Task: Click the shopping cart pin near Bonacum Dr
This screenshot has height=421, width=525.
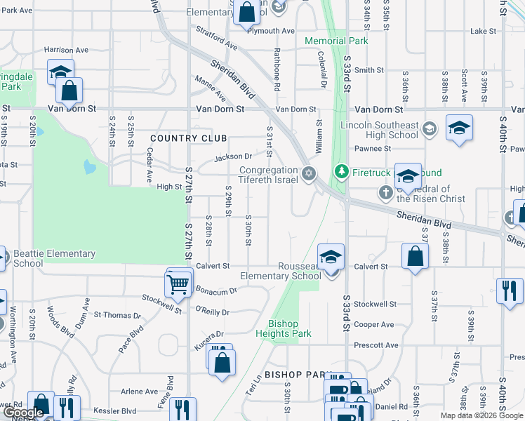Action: (x=178, y=284)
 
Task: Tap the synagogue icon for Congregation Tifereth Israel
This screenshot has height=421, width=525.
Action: (x=307, y=173)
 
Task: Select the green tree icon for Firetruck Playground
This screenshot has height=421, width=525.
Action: (x=342, y=171)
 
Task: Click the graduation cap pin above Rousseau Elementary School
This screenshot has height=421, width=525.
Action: (x=331, y=258)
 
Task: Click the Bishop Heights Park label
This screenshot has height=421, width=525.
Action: (x=289, y=328)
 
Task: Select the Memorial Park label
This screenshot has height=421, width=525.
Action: (x=337, y=41)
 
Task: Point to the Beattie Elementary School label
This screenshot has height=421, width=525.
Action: (x=55, y=258)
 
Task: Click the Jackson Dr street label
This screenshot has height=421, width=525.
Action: (x=233, y=156)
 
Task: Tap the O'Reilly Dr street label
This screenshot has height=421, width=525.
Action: (x=212, y=310)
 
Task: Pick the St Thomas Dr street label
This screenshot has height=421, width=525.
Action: (x=117, y=315)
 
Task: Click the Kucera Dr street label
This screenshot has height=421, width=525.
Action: (x=210, y=334)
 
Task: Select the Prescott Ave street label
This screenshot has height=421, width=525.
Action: (x=376, y=345)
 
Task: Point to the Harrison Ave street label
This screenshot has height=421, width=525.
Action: (x=66, y=51)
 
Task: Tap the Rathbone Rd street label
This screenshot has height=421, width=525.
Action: (x=277, y=78)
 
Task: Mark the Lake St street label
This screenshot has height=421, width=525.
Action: (x=483, y=32)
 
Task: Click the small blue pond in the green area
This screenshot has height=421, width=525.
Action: (x=88, y=167)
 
